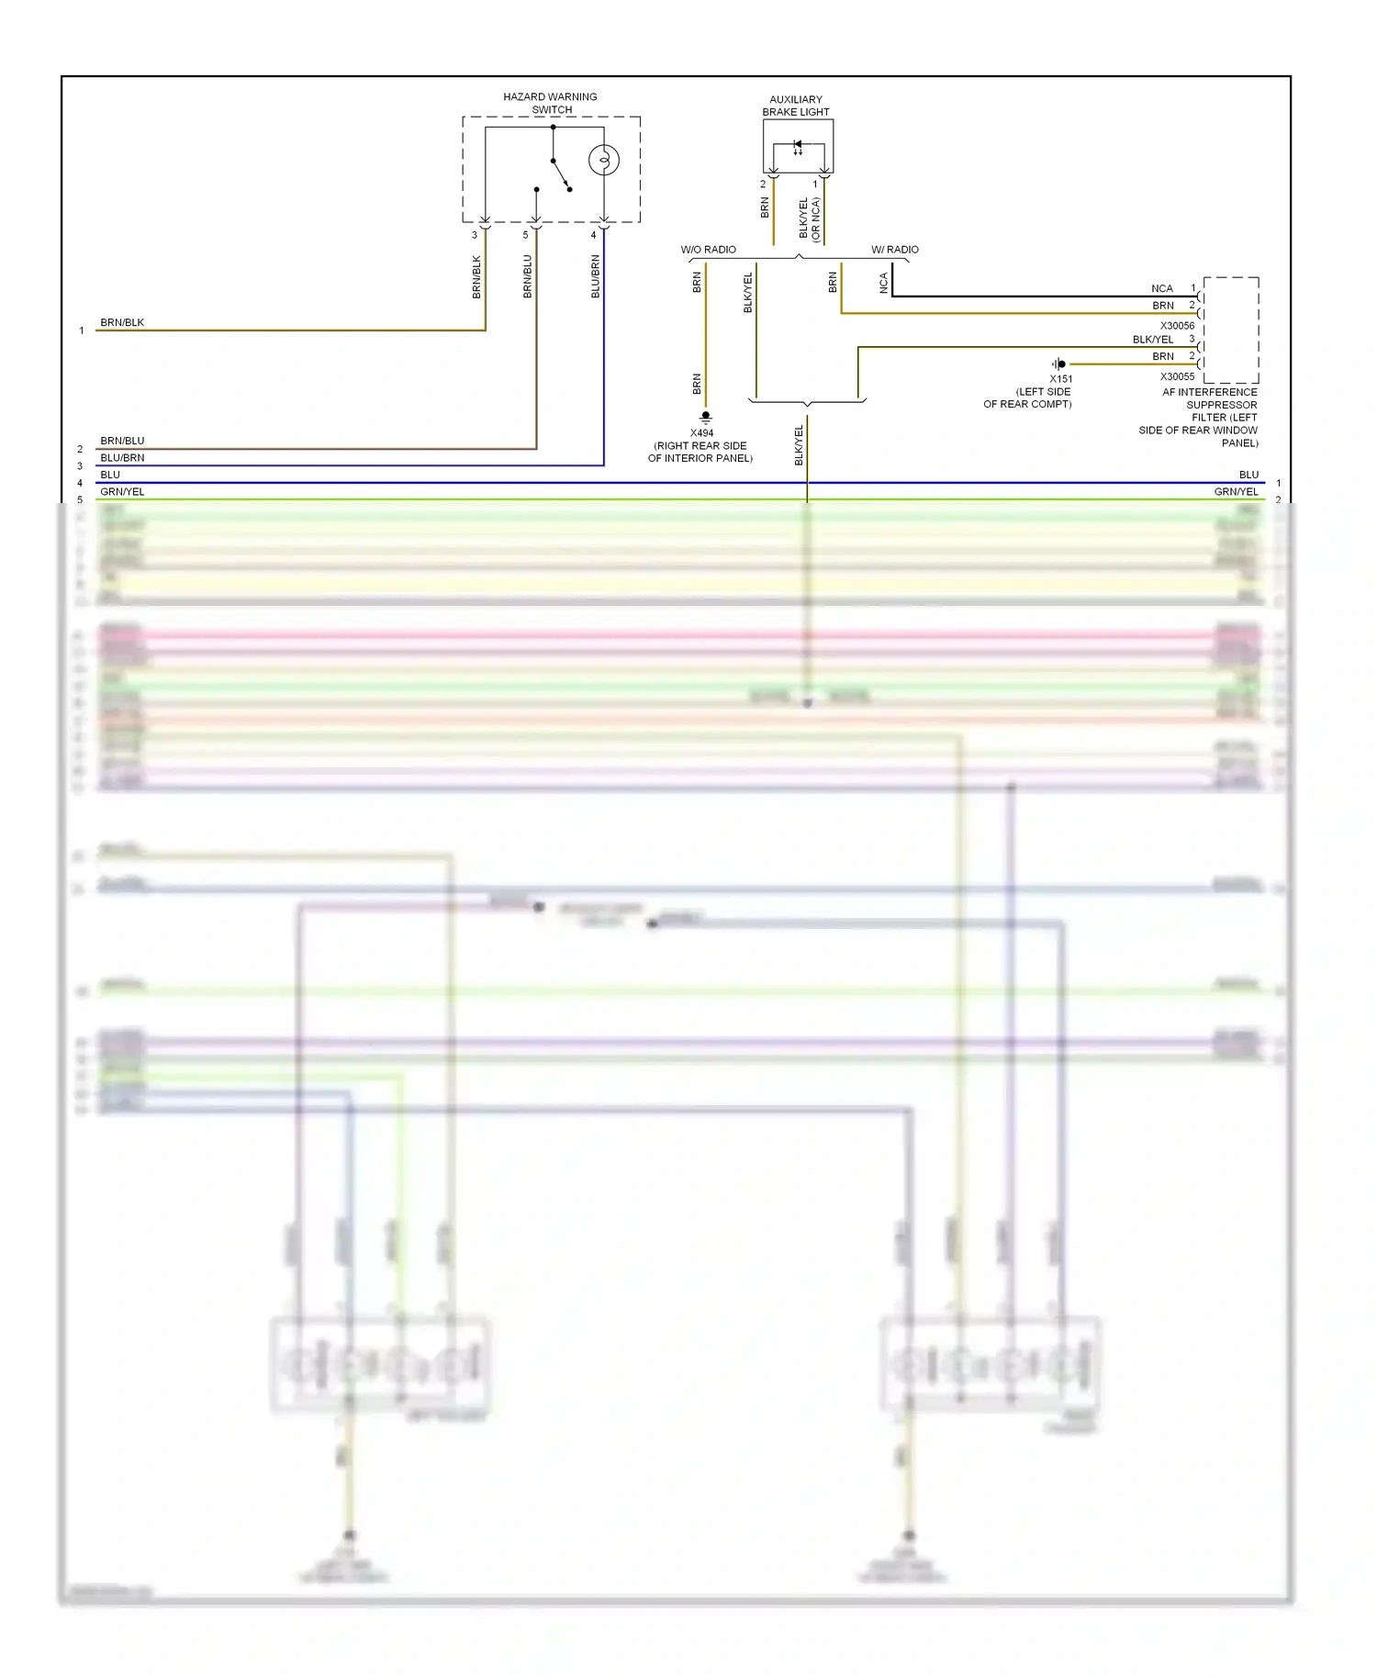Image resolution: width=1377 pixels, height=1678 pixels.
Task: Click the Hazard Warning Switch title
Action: tap(550, 103)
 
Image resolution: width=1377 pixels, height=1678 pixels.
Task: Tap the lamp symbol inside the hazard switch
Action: tap(603, 161)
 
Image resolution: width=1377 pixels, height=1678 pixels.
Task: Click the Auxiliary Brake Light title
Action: tap(795, 106)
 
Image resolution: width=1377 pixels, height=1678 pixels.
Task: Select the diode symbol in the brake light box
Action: tap(798, 145)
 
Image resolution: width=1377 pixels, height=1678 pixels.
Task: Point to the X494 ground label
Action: tap(701, 433)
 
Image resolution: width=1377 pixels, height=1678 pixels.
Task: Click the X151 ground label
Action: tap(1060, 379)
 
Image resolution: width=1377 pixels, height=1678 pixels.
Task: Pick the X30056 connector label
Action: tap(1177, 326)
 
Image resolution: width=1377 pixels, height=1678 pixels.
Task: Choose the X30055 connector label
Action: tap(1177, 376)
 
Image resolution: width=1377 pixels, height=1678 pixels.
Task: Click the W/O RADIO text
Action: tap(708, 250)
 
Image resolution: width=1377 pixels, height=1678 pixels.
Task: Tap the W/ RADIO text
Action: tap(894, 250)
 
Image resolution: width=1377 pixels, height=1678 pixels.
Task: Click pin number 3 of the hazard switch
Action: tap(475, 235)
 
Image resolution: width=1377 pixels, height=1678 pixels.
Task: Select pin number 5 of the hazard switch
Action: tap(526, 235)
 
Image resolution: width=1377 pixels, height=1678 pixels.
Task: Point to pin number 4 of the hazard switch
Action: tap(593, 235)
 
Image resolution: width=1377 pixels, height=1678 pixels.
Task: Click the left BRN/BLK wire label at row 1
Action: tap(122, 323)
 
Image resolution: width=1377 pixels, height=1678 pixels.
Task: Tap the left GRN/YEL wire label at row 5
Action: tap(122, 492)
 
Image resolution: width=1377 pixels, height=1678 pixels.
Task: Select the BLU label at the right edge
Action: tap(1248, 475)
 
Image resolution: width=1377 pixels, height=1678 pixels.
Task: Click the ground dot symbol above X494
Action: tap(706, 417)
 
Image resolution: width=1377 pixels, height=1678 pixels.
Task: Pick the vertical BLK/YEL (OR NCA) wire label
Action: tap(810, 219)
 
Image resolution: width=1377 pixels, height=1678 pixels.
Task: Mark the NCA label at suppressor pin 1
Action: tap(1162, 288)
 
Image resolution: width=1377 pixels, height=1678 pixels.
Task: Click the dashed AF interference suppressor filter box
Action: tap(1231, 330)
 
